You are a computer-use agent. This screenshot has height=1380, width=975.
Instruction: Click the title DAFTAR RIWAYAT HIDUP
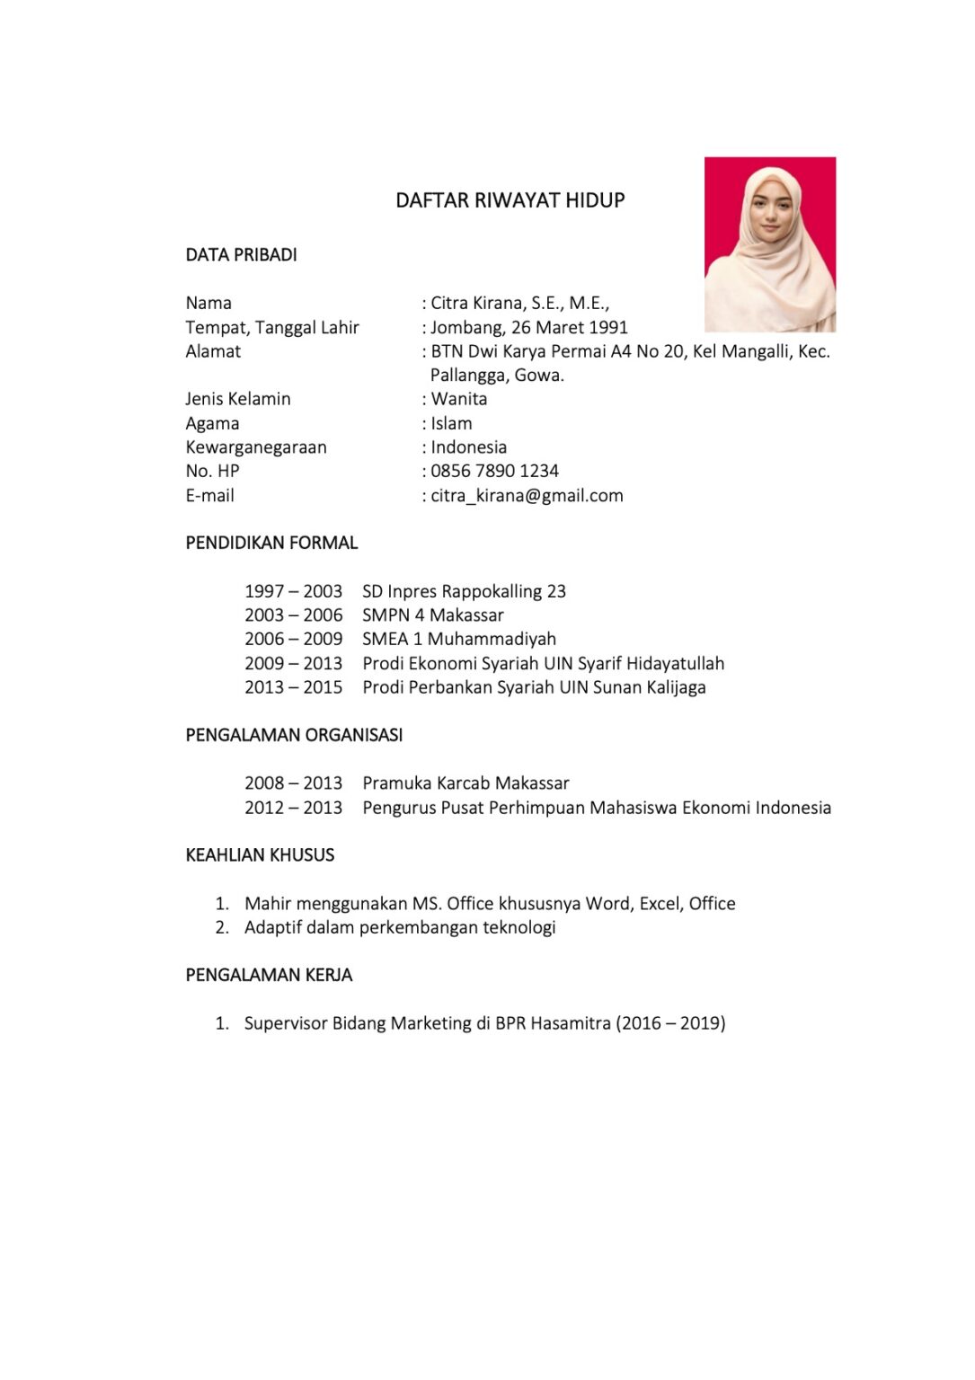510,200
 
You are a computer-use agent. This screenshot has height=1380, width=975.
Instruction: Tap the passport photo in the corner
769,244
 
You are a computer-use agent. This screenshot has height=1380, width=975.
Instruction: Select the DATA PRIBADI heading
241,255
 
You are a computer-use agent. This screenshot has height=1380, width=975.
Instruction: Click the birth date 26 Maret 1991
569,328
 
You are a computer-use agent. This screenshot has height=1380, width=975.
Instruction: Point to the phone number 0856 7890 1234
494,471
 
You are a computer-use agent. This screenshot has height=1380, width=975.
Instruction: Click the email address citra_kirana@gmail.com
527,496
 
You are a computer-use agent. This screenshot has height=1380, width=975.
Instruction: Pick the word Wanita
459,399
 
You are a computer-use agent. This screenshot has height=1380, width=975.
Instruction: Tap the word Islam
451,423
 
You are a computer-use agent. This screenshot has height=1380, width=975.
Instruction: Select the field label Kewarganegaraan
256,447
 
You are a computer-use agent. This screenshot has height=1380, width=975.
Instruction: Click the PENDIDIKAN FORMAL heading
271,544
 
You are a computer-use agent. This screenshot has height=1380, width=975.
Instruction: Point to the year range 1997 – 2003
293,591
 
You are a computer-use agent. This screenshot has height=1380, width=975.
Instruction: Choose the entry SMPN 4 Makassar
433,615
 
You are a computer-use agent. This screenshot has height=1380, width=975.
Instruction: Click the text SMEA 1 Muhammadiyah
459,639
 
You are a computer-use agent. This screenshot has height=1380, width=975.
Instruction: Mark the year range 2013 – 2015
293,687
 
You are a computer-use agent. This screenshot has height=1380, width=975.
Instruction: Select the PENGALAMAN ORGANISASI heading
294,735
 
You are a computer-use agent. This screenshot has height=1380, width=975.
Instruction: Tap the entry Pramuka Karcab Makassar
465,783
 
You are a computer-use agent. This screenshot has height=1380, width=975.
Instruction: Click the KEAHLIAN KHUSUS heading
260,855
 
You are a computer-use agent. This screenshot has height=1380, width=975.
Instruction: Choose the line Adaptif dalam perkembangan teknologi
400,927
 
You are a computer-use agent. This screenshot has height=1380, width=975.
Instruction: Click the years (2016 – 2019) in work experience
670,1023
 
